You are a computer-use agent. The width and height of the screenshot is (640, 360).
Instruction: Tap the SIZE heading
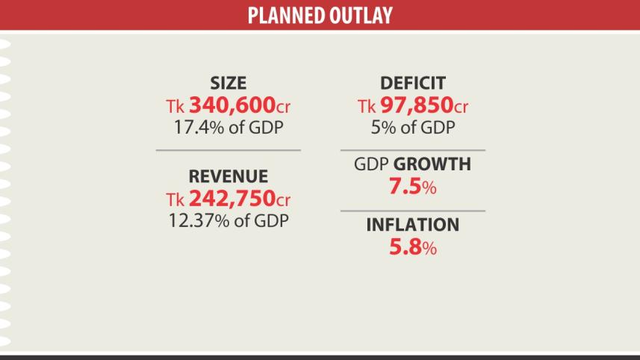[x=228, y=84]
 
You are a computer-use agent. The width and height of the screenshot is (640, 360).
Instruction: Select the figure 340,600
[x=232, y=105]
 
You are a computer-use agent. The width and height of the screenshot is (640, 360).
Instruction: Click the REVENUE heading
[x=228, y=177]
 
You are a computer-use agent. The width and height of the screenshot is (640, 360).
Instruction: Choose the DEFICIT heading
[x=413, y=84]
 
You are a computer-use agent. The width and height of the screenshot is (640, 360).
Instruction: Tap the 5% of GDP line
[x=413, y=127]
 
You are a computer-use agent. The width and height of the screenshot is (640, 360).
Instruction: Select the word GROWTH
[x=432, y=164]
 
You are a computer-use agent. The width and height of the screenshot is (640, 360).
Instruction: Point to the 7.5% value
[x=412, y=187]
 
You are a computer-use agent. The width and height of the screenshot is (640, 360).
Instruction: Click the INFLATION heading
[x=413, y=225]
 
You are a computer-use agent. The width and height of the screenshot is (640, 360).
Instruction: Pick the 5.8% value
[x=412, y=248]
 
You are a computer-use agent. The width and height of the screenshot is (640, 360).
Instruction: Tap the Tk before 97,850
[x=367, y=106]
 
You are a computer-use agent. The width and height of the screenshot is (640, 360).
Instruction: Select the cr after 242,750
[x=282, y=200]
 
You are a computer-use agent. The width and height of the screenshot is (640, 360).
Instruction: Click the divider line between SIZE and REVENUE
[x=228, y=150]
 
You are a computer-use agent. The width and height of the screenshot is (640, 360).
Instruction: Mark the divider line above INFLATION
[x=413, y=211]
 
